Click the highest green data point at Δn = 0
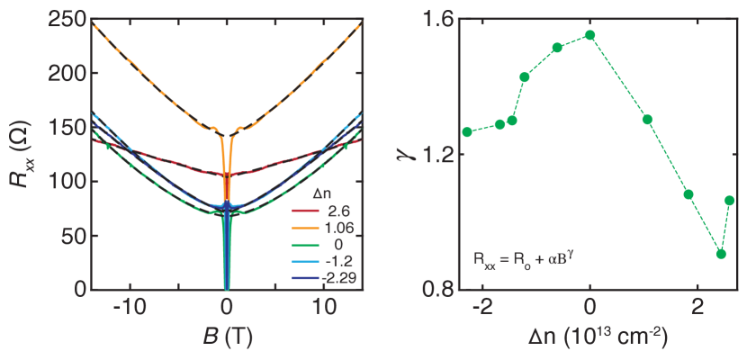[x=589, y=35]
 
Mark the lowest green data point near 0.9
[x=720, y=254]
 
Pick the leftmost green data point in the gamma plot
[x=467, y=132]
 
